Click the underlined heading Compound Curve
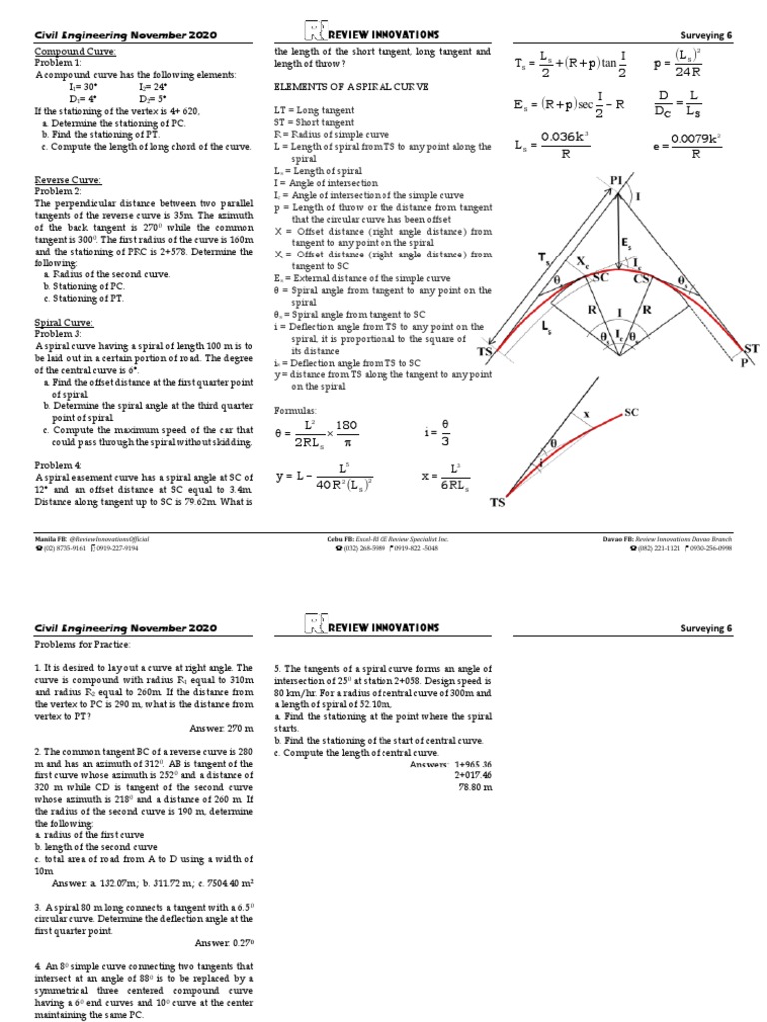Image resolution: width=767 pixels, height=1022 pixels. [x=75, y=51]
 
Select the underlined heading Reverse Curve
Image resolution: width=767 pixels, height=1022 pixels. [x=66, y=179]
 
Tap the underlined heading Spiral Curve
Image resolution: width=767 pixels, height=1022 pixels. [x=64, y=323]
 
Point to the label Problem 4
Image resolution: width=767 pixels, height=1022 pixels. [x=58, y=465]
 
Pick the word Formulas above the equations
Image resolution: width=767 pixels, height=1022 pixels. [x=295, y=410]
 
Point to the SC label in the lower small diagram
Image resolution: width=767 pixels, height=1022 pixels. [x=631, y=412]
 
